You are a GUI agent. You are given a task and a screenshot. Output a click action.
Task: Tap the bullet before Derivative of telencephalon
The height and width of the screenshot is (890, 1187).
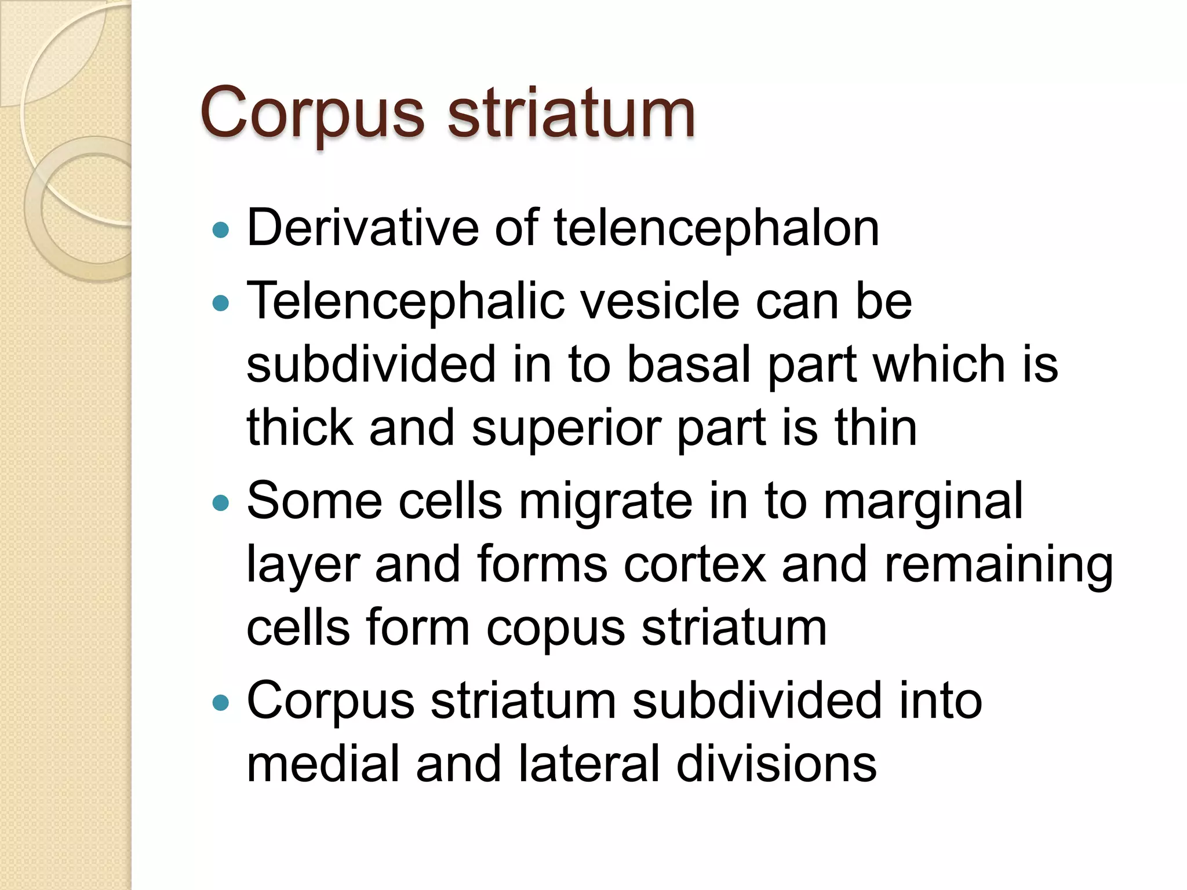point(221,231)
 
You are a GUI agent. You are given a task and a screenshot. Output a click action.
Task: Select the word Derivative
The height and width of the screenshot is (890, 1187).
point(362,228)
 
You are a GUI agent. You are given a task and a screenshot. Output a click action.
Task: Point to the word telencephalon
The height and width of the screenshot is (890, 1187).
point(716,228)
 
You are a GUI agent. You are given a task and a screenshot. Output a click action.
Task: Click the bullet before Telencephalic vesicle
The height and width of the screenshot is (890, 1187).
point(221,302)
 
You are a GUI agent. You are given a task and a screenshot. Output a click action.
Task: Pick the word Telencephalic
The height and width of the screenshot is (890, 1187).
point(405,301)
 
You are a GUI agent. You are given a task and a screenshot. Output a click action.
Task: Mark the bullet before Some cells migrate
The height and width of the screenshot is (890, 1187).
point(221,502)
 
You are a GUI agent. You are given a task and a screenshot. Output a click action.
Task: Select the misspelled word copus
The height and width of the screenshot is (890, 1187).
point(555,629)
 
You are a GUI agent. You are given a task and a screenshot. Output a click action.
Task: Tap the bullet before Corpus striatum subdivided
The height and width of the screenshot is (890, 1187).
point(221,703)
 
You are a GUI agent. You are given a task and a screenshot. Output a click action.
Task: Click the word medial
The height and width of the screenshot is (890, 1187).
point(323,764)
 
